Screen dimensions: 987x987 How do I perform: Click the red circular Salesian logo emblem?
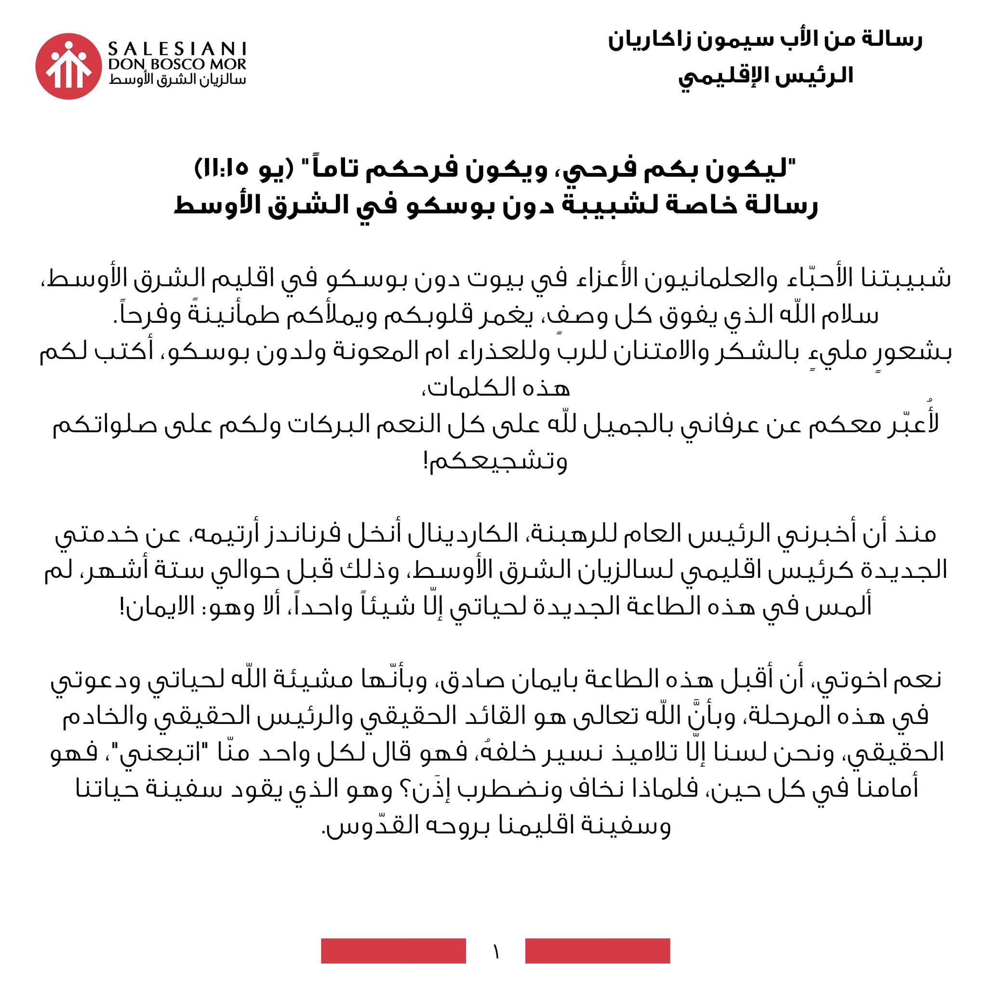pos(68,67)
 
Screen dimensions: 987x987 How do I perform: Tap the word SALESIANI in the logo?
pos(177,49)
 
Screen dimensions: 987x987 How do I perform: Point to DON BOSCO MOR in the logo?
pos(177,65)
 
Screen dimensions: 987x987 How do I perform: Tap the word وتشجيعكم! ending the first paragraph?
pos(495,462)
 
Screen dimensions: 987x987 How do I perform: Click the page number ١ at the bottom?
pos(495,951)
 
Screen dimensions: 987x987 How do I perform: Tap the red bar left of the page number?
pos(393,951)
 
